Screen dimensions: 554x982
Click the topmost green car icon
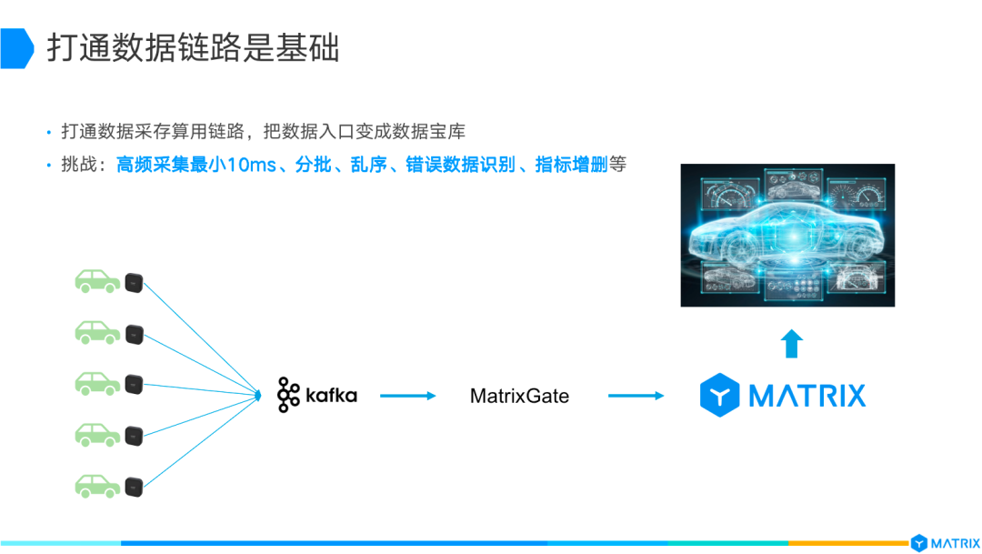tap(97, 281)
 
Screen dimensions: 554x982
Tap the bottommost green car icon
tap(97, 484)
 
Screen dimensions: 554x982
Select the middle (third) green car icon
tap(97, 382)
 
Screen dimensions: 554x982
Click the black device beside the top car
tap(135, 282)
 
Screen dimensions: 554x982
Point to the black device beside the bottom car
tap(135, 485)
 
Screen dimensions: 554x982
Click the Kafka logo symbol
tap(289, 395)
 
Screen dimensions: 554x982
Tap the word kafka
tap(331, 396)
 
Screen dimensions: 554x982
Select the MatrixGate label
tap(519, 396)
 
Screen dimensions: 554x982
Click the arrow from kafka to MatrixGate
tap(408, 396)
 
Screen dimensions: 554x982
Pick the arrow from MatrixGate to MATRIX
tap(636, 396)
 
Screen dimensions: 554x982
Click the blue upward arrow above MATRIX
tap(792, 344)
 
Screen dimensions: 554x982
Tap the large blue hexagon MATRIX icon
tap(719, 396)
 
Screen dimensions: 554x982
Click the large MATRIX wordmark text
tap(807, 396)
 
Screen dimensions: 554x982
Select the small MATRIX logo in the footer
tap(945, 543)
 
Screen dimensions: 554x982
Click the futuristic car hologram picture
tap(787, 235)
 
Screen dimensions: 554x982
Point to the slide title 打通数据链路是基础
tap(194, 48)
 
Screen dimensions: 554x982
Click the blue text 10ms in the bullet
tap(250, 166)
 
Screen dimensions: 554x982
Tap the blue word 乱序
tap(369, 166)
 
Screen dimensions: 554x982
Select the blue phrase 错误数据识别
tap(460, 166)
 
